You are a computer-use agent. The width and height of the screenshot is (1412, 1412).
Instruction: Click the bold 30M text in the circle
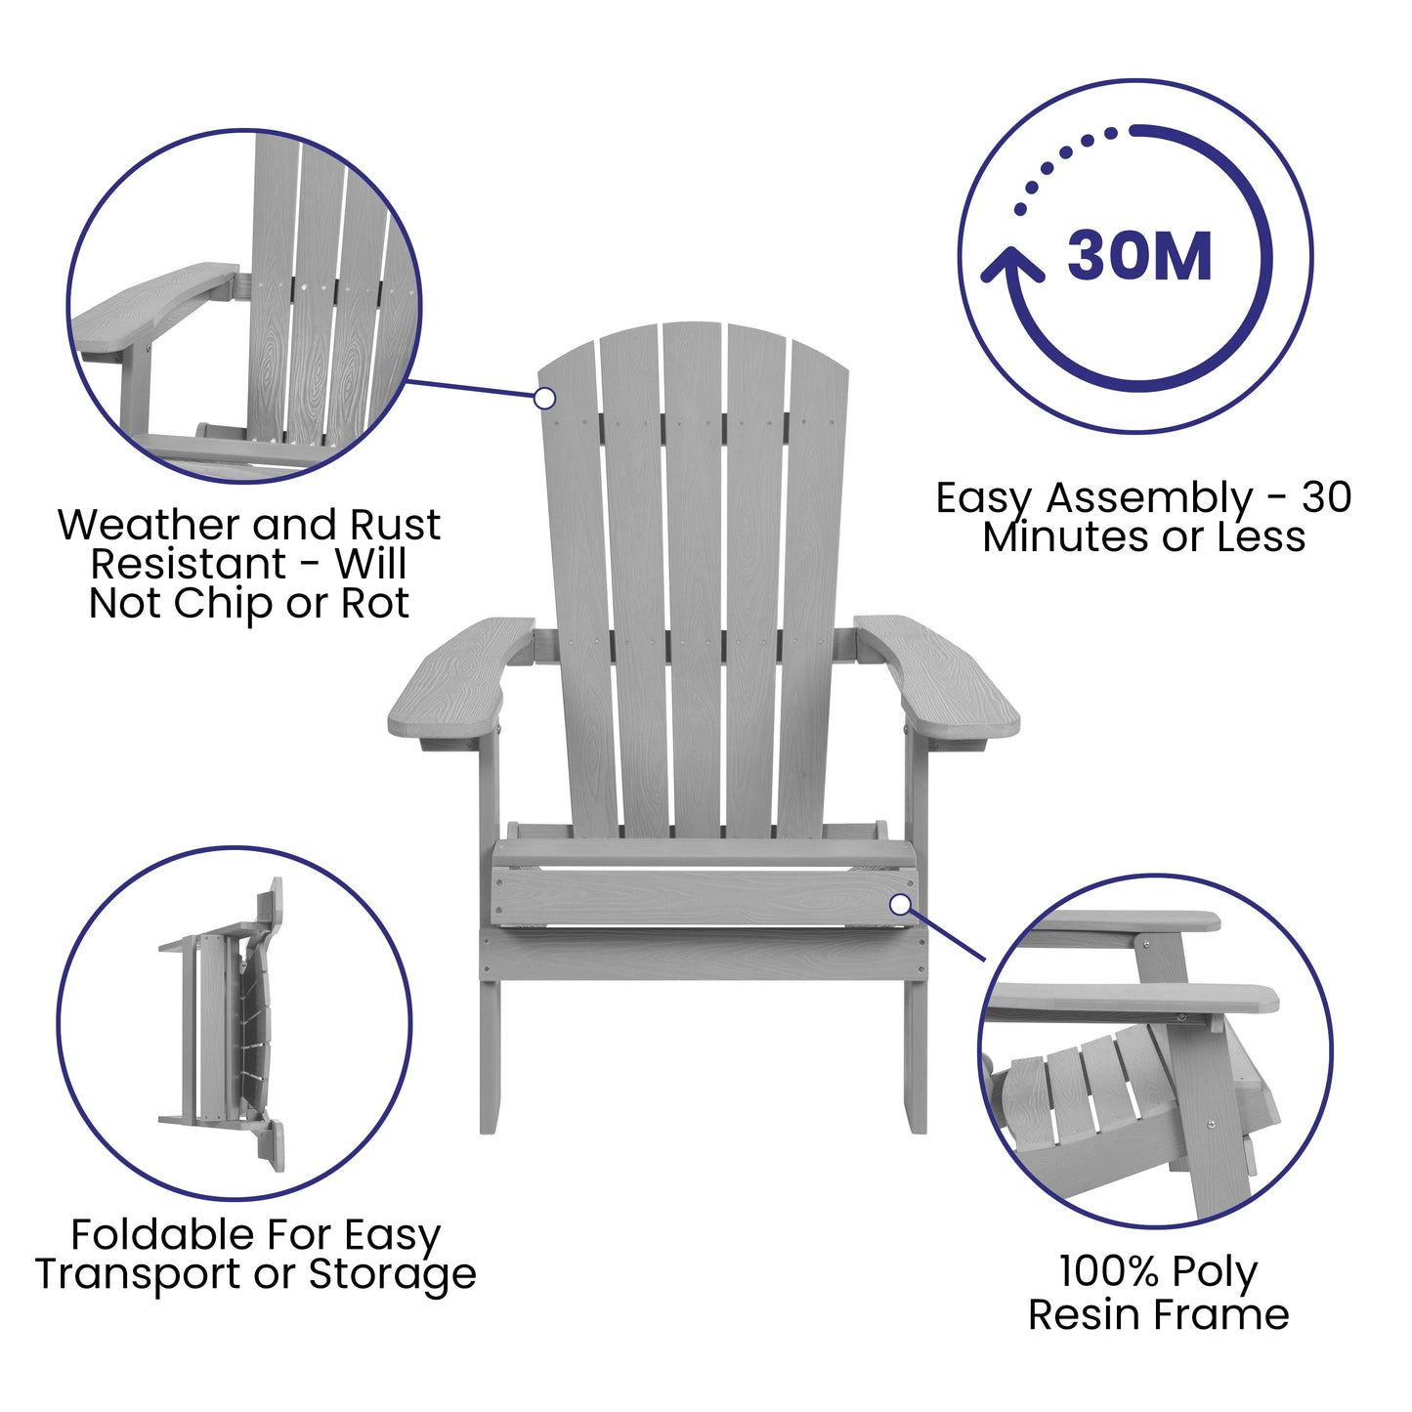pyautogui.click(x=1139, y=257)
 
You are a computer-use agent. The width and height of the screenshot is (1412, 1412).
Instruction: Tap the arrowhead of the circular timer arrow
pyautogui.click(x=1011, y=265)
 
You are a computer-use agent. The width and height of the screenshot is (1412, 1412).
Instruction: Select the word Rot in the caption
pyautogui.click(x=374, y=603)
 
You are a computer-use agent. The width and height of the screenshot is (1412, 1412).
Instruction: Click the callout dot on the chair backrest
pyautogui.click(x=545, y=398)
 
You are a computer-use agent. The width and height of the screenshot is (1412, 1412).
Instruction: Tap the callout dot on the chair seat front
pyautogui.click(x=900, y=904)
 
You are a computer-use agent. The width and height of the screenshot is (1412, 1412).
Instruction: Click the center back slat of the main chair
pyautogui.click(x=693, y=586)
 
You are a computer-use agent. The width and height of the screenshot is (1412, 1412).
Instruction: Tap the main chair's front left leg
pyautogui.click(x=490, y=1055)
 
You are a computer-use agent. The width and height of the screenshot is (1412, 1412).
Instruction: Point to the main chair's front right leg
pyautogui.click(x=915, y=1055)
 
